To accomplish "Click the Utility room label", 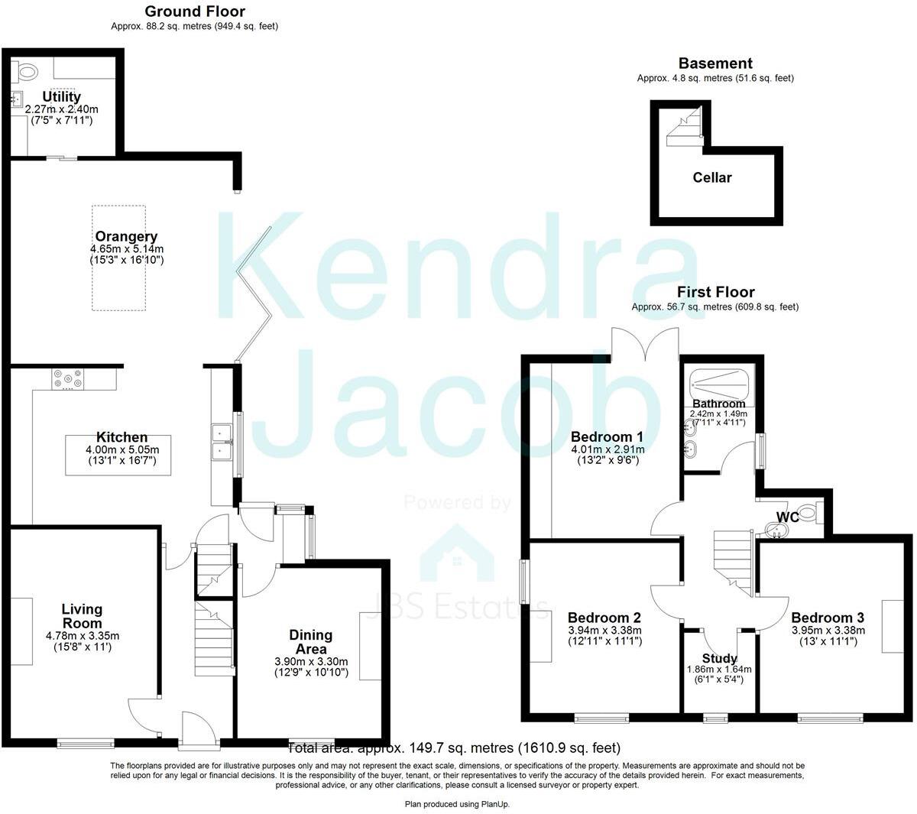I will point(61,97).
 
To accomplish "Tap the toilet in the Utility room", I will point(27,72).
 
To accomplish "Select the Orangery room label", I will point(126,236).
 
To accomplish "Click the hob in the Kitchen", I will point(69,378).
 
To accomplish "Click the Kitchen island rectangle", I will point(118,456).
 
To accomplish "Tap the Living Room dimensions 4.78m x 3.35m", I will point(82,636).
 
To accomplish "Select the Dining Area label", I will point(310,642).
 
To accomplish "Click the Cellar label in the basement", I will point(712,177).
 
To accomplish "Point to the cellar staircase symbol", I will point(685,128).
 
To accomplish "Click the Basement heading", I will point(715,63).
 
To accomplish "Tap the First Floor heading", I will point(715,292).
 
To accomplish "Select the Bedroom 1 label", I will point(607,436).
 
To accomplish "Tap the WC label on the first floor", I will point(788,517).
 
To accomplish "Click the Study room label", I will point(719,658).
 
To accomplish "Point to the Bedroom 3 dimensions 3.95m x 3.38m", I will point(828,631).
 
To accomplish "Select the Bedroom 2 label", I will point(604,618).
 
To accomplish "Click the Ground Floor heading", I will point(195,11).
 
